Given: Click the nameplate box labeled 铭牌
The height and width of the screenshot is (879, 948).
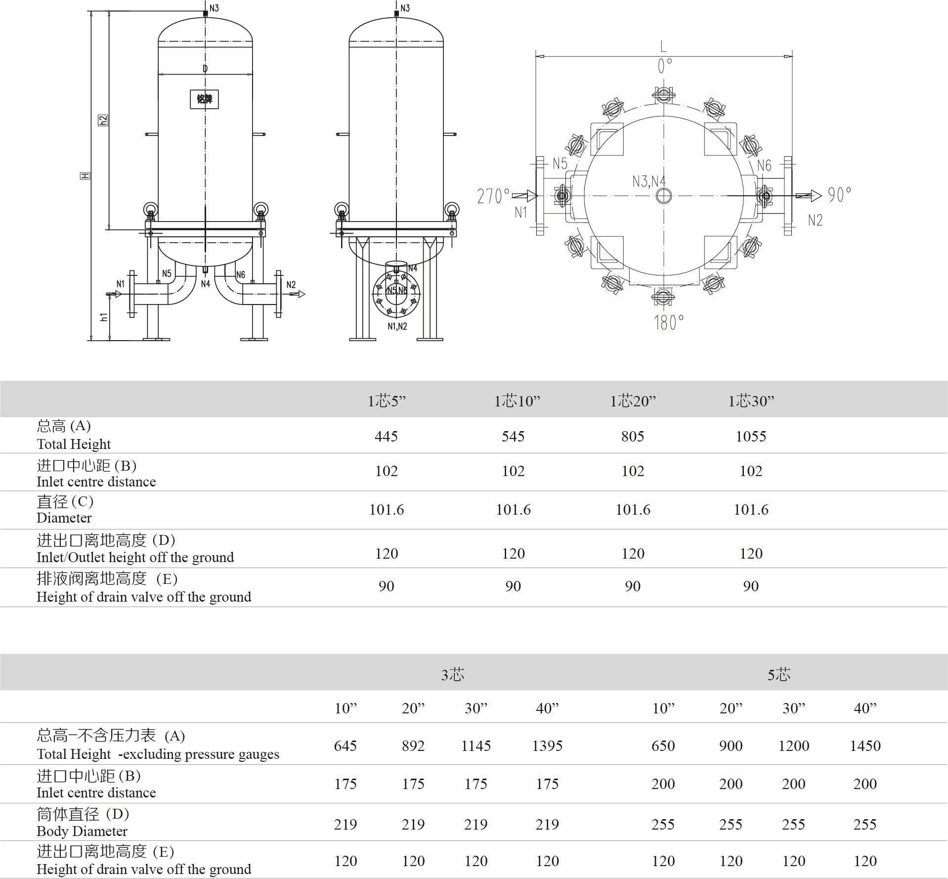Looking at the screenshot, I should coord(204,99).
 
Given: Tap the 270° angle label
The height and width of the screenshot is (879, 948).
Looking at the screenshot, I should coord(493,196).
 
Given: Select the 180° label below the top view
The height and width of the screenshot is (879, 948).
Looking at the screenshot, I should coord(669,323).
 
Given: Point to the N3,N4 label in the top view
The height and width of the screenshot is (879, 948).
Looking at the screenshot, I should coord(649,181).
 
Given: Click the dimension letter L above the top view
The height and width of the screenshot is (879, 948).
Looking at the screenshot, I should coord(663,47).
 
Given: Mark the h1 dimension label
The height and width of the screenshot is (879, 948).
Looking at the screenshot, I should coord(104,317).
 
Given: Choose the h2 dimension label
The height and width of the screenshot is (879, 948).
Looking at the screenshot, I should coord(103,120).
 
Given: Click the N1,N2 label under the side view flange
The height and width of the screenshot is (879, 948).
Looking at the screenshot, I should coord(397,326).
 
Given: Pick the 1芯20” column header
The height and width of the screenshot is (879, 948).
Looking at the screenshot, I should coord(633,400).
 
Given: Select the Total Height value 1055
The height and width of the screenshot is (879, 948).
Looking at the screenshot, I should coord(750,436).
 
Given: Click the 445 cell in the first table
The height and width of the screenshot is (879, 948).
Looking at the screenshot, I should coord(386,436).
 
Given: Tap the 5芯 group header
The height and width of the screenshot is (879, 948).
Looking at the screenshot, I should coord(778,674).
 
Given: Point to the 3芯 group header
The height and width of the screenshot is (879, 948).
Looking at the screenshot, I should coord(452,674).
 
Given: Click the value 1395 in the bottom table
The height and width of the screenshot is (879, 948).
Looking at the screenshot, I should coord(547,746).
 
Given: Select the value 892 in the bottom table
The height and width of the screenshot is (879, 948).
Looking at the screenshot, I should coord(413,746).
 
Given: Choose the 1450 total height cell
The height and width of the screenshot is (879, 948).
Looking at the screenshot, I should coord(865,746).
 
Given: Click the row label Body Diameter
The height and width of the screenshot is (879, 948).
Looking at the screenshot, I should coord(82,831).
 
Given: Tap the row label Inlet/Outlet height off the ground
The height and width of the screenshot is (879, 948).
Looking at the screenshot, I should coord(135,557).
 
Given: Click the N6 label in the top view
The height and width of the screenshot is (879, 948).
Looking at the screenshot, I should coord(764,166).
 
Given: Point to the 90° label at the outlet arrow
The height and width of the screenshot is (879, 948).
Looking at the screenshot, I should coord(840,195).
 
